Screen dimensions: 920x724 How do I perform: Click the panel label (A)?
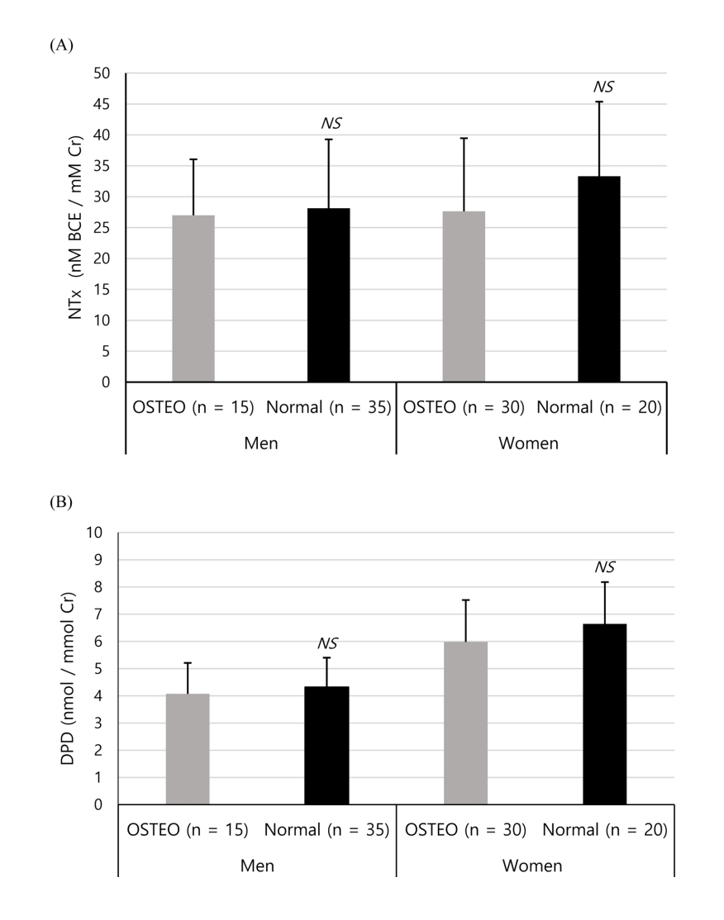(62, 45)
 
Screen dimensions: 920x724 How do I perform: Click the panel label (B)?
(62, 501)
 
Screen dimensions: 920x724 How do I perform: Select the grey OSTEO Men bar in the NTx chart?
(193, 298)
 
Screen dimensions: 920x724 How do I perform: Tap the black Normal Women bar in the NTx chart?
(599, 279)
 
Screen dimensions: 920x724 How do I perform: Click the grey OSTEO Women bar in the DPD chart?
(465, 723)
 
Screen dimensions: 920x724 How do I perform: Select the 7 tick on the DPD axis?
(104, 614)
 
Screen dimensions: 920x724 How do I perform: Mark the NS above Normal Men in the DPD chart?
(327, 643)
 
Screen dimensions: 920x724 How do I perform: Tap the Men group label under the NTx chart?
(260, 443)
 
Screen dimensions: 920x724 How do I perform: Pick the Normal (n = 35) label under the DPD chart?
(327, 829)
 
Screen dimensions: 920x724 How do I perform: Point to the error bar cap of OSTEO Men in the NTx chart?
(193, 159)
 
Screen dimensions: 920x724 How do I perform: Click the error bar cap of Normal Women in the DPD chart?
(604, 582)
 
